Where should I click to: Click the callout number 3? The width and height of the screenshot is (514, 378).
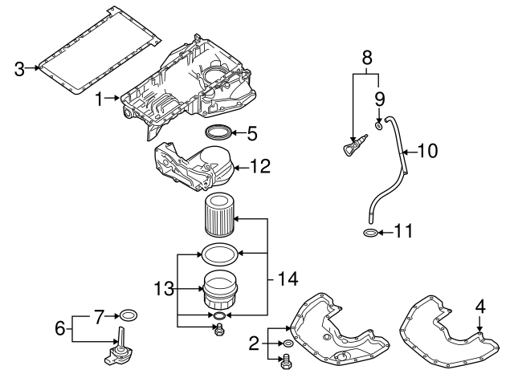point(19,69)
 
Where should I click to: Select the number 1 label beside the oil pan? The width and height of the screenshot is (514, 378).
point(100,99)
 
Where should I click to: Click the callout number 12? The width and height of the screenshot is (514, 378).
point(260,166)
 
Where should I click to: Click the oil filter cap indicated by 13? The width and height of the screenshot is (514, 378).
point(219,290)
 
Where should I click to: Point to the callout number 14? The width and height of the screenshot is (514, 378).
point(288,279)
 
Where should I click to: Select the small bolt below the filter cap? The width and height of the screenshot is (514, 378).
point(219,329)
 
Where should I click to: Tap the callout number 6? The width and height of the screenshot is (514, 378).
point(60,328)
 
